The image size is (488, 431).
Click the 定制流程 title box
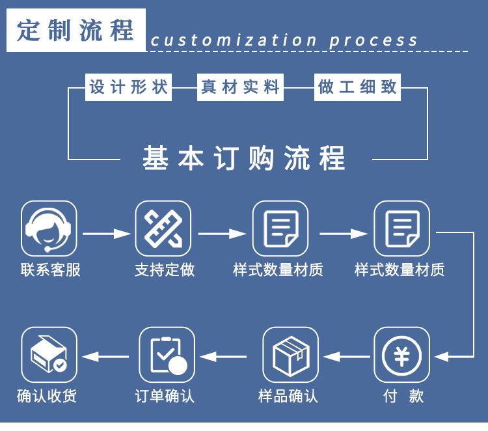point(76,30)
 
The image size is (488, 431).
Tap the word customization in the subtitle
point(234,40)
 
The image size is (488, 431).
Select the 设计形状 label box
point(128,87)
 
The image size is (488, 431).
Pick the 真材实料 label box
point(240,87)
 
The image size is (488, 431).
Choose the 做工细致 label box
point(357,87)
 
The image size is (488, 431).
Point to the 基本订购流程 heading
point(244,158)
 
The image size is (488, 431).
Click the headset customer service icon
point(49,229)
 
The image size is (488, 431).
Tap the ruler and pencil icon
point(163,229)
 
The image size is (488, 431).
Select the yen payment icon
point(402,355)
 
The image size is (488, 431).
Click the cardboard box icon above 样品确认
point(291,355)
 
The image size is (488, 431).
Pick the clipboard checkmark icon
point(167,355)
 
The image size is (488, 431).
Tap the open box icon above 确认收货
point(49,355)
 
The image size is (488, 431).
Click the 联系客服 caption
point(50,270)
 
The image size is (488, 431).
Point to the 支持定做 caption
point(165,270)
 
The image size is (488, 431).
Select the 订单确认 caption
point(165,396)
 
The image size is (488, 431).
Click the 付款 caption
point(403,396)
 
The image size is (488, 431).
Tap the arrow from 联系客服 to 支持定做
point(107,233)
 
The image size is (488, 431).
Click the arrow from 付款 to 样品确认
point(347,357)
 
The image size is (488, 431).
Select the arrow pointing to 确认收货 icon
point(105,357)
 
